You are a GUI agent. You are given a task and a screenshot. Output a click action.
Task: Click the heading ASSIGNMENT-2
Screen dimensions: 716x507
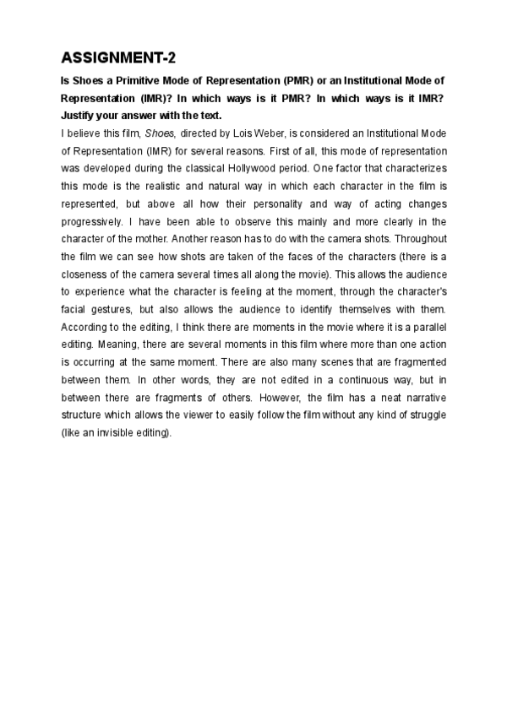(x=116, y=58)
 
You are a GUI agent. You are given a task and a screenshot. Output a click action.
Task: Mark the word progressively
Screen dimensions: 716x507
(x=95, y=222)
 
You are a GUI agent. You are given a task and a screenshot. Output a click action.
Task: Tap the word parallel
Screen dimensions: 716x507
(x=427, y=329)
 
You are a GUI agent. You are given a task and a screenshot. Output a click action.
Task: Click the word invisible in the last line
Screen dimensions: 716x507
(x=118, y=436)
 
